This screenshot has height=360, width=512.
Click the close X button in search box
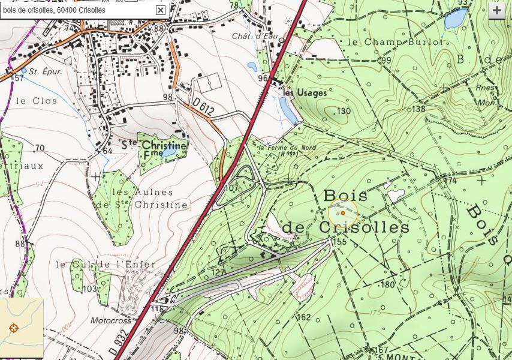tap(160, 10)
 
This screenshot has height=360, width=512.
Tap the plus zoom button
tap(496, 11)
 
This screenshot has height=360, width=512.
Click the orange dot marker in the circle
tap(342, 213)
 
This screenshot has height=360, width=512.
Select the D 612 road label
tap(204, 106)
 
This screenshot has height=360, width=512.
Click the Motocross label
tap(110, 320)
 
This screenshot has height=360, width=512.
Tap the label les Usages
tap(305, 93)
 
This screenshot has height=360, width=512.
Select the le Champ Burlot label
tap(394, 42)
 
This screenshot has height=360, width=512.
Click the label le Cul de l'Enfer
tap(106, 264)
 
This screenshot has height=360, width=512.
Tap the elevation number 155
tap(339, 242)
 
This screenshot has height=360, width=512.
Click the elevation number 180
tap(387, 284)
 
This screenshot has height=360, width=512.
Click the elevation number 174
tap(450, 180)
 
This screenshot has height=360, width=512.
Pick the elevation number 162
tap(303, 317)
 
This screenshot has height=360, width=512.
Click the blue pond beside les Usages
tap(288, 110)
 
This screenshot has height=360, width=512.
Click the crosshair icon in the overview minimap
tap(14, 328)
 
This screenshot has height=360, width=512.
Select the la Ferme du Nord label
tap(278, 147)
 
